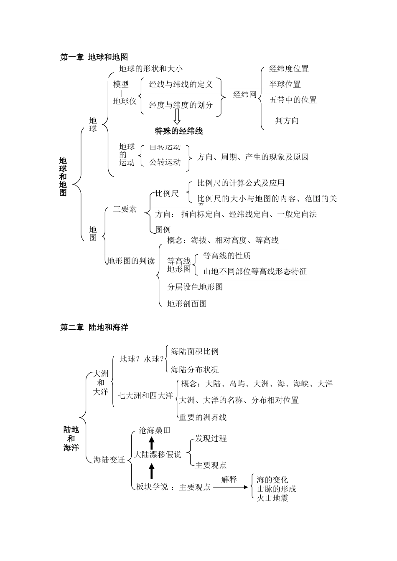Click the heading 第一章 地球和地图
(x=94, y=57)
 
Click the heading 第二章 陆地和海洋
(x=94, y=328)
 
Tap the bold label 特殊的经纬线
(x=178, y=131)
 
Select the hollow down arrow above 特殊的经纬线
(x=177, y=117)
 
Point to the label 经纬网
(x=244, y=95)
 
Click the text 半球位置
(x=285, y=84)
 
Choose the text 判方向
(x=287, y=121)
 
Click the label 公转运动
(x=165, y=162)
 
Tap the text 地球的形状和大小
(x=150, y=69)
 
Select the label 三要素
(x=125, y=209)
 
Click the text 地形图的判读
(x=131, y=261)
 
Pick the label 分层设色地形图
(x=195, y=287)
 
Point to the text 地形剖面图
(x=187, y=303)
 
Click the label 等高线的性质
(x=226, y=255)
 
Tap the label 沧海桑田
(x=154, y=430)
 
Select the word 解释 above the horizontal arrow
(x=229, y=479)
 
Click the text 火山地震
(x=272, y=498)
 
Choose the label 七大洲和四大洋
(x=145, y=395)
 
